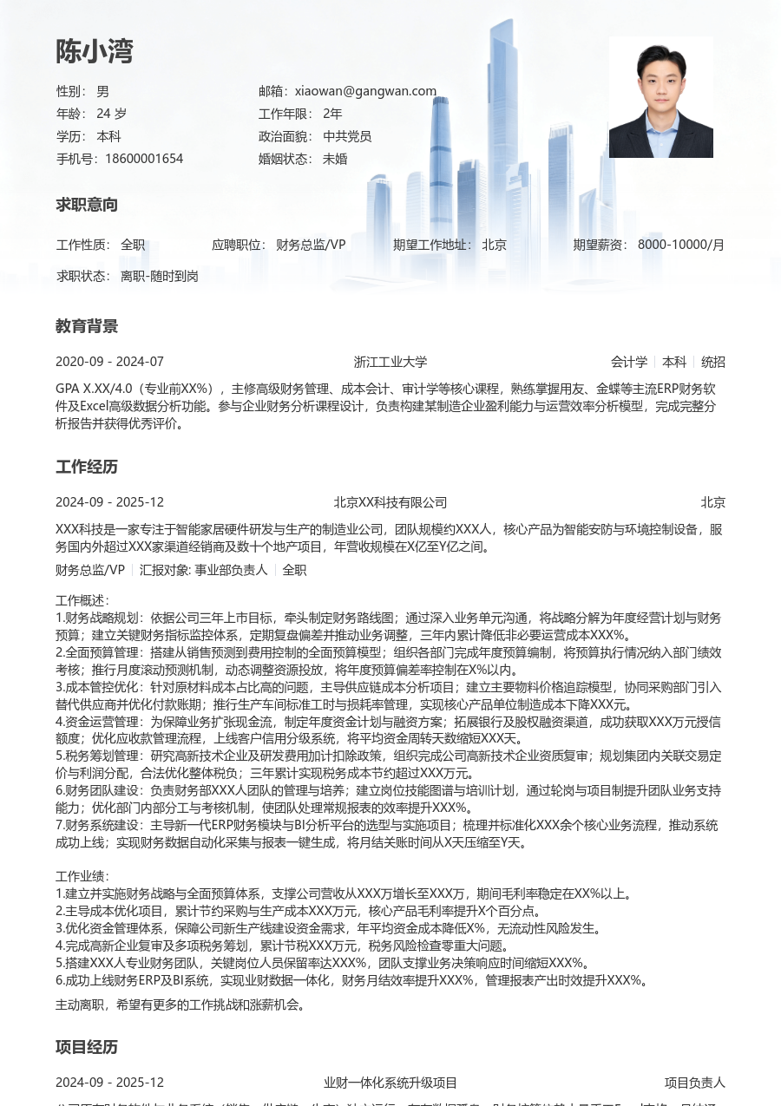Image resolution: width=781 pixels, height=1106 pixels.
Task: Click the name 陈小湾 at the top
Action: pos(95,52)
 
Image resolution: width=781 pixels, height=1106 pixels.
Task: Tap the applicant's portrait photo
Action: pos(660,97)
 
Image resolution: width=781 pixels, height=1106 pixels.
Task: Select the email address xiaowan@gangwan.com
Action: pos(365,91)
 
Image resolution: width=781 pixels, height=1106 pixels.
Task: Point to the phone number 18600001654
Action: pos(144,159)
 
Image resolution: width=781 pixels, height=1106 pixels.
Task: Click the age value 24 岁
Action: pos(111,114)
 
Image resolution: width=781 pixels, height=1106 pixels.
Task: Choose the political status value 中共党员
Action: pos(347,136)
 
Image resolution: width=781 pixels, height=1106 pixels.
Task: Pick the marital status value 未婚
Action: pos(335,159)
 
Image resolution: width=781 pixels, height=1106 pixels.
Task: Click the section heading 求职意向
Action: pos(87,206)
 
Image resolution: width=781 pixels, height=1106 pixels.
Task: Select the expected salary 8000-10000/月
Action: pos(681,245)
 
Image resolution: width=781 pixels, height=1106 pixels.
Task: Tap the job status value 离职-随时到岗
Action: pos(160,276)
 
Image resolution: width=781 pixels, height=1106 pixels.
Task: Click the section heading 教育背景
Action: pos(87,327)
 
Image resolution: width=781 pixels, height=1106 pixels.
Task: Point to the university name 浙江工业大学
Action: pos(390,362)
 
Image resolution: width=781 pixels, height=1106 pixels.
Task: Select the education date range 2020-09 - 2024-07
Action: pos(109,362)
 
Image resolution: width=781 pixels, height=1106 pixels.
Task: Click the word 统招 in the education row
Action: pos(713,362)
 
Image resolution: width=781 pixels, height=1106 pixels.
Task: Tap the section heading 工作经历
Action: pos(87,468)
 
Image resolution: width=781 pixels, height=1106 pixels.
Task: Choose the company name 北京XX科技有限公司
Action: pos(390,502)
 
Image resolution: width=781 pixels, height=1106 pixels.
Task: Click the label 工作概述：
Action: pos(83,600)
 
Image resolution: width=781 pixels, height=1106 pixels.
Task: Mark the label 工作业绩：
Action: pos(83,876)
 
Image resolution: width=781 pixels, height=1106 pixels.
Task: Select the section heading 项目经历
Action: pos(87,1048)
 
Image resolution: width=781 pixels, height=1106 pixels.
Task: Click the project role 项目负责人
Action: pos(695,1083)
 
